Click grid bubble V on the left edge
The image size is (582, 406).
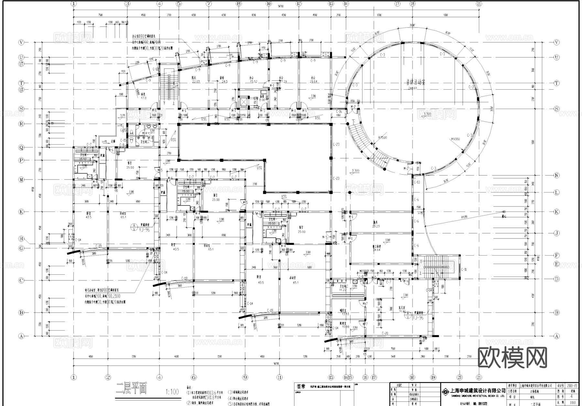(x=22, y=42)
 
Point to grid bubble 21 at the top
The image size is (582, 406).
(x=479, y=4)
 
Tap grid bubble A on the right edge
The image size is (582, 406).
(x=556, y=336)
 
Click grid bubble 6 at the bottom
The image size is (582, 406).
(x=194, y=377)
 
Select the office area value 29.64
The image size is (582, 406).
(x=313, y=82)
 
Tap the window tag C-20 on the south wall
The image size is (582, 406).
(x=384, y=333)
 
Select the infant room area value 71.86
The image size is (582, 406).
(x=402, y=312)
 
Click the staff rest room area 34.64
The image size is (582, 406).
(x=376, y=250)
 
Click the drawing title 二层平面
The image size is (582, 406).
(x=131, y=389)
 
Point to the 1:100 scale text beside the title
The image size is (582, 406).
(x=172, y=392)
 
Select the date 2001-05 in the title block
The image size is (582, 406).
(x=571, y=386)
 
